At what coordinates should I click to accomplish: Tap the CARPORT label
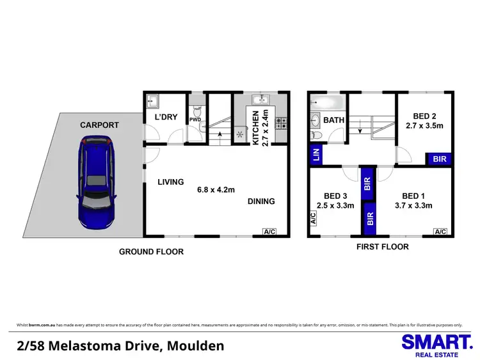(x=99, y=125)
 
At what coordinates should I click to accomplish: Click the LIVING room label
(x=171, y=182)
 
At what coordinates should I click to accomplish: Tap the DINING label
(x=261, y=201)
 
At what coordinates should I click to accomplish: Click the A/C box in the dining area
(x=269, y=231)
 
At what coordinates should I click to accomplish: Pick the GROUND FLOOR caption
(x=151, y=252)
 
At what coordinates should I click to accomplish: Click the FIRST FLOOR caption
(x=383, y=246)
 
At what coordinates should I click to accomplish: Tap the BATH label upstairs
(x=334, y=120)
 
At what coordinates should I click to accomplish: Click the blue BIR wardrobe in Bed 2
(x=440, y=159)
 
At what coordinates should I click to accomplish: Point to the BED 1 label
(x=414, y=196)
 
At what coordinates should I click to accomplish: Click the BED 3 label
(x=335, y=196)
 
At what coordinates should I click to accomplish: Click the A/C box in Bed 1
(x=440, y=231)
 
